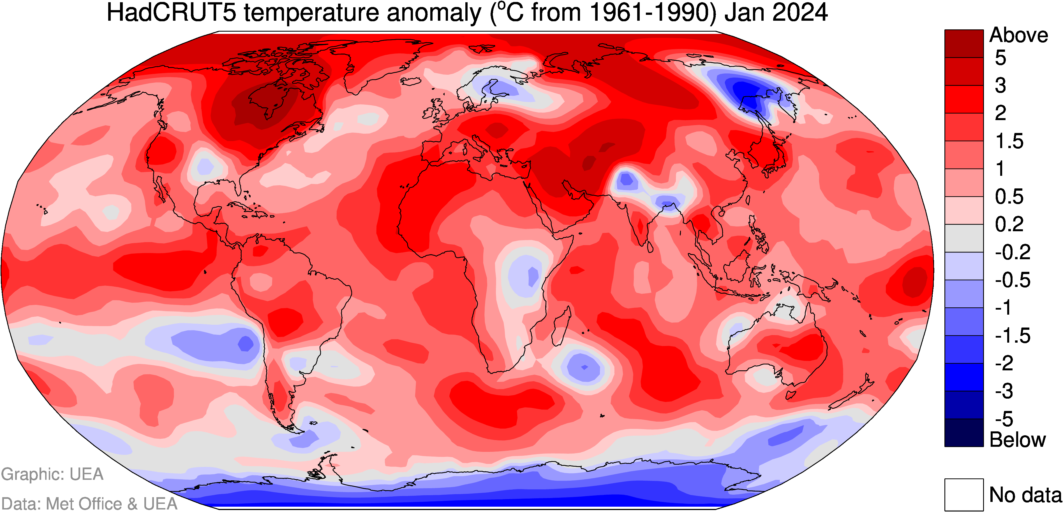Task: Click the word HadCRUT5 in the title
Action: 172,12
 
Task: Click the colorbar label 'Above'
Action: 1018,36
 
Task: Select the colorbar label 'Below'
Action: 1018,440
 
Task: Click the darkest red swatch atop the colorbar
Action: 964,43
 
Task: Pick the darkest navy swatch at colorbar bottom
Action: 964,432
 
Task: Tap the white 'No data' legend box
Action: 964,494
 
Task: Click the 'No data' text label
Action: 1025,495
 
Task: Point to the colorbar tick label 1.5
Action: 1009,141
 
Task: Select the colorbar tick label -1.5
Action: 1013,336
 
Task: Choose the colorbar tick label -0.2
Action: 1013,252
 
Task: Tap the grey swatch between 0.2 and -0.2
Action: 964,238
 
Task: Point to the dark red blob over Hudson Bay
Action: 268,101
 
